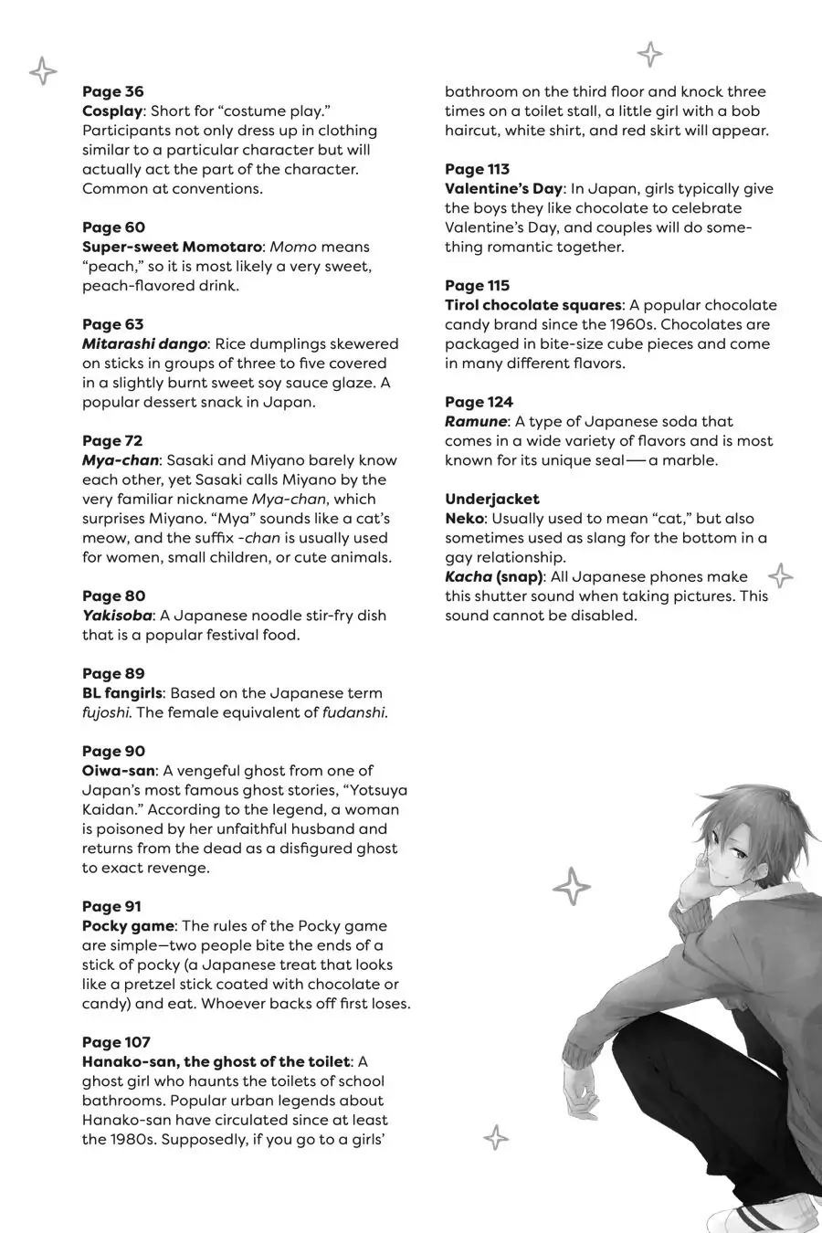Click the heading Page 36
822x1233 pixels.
(113, 91)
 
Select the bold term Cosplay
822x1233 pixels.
(112, 111)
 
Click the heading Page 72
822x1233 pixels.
(112, 440)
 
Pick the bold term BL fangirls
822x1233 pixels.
(122, 692)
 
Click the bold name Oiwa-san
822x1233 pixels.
(119, 770)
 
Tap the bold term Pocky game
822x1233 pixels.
(127, 925)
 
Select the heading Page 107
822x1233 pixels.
(116, 1042)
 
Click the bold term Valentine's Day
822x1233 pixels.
(503, 188)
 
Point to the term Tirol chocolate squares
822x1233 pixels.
(533, 305)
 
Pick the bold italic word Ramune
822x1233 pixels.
(475, 421)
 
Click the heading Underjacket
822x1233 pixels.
(492, 499)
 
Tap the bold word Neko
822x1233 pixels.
(464, 518)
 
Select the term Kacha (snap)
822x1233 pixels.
(494, 576)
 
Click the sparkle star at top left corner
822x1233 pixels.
(43, 70)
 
